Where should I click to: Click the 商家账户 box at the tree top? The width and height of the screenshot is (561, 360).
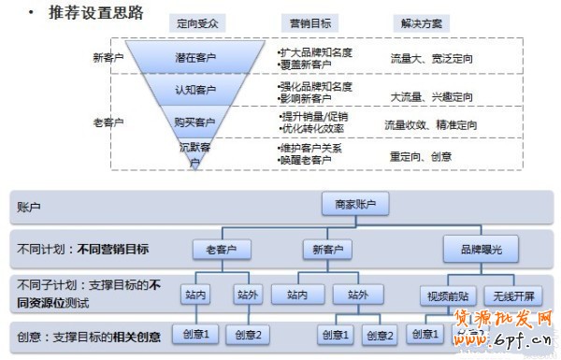point(354,205)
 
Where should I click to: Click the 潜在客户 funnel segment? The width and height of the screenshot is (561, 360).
point(194,58)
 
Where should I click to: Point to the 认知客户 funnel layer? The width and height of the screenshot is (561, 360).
point(194,91)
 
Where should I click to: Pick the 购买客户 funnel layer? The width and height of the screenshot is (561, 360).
point(194,122)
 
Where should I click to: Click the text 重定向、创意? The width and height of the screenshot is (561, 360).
point(421,156)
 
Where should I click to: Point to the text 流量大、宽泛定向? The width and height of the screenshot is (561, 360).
point(431,58)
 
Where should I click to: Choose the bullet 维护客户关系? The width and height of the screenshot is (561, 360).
point(311,149)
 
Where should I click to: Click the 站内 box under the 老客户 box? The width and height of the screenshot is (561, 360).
point(196,295)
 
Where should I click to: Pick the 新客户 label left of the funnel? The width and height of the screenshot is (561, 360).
point(109,58)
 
